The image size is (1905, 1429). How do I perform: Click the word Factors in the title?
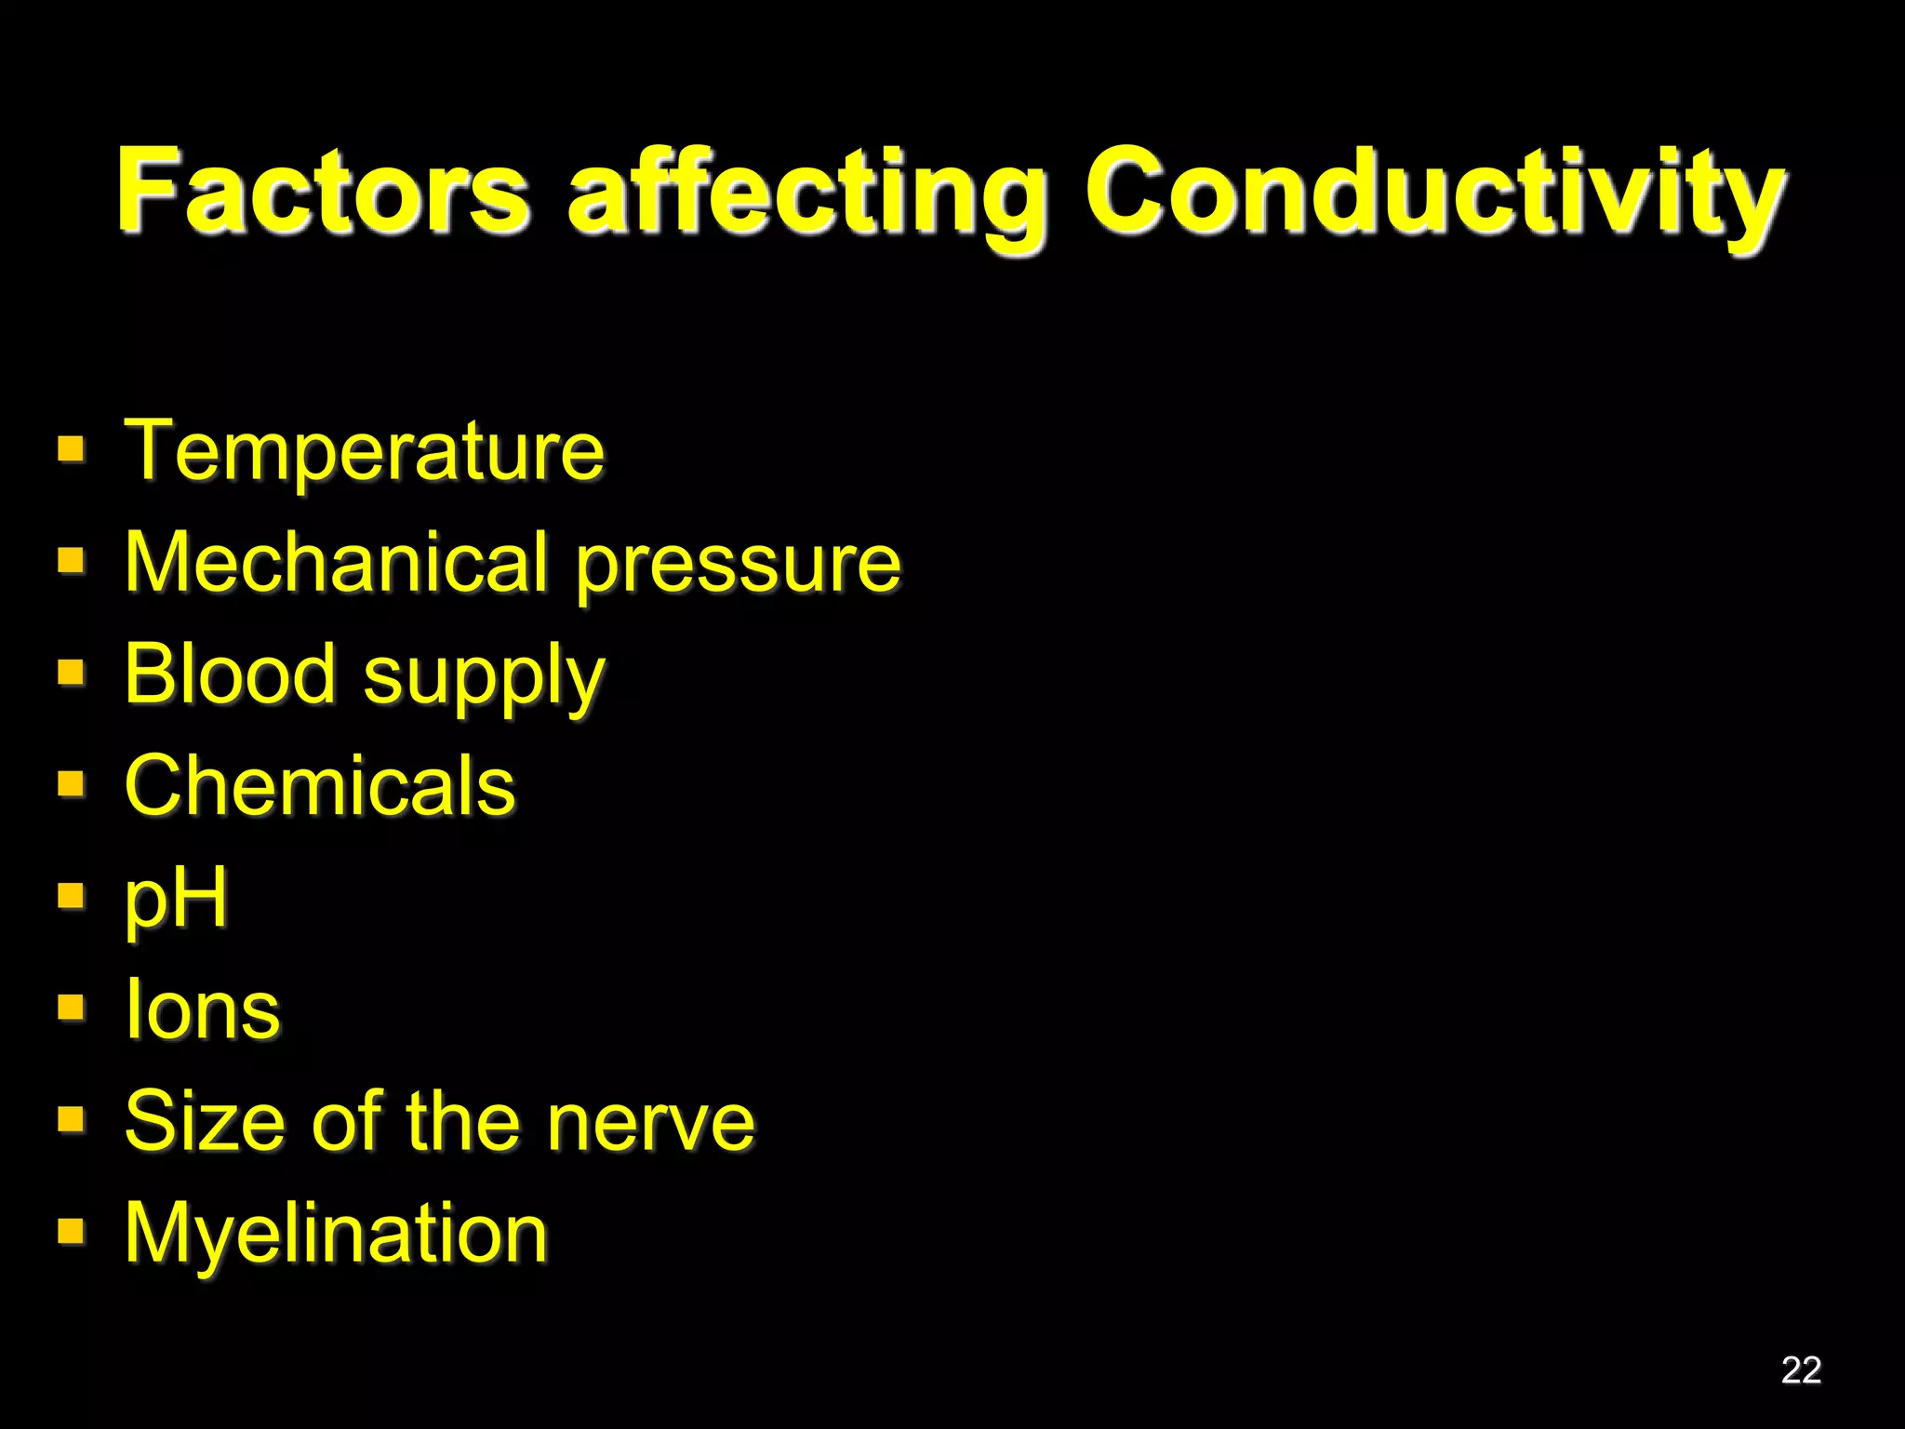[322, 191]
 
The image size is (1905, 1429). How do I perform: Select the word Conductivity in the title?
[1433, 195]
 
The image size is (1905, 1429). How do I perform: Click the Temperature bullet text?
[364, 451]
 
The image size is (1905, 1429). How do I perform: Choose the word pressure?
[739, 568]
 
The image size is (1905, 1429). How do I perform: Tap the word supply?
[484, 679]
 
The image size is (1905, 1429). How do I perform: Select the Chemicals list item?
[320, 786]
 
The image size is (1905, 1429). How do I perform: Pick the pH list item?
[176, 900]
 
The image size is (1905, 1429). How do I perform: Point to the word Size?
[203, 1121]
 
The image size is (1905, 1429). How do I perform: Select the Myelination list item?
[336, 1235]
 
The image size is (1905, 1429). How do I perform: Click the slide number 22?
[1801, 1369]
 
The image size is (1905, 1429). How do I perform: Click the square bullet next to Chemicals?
[72, 784]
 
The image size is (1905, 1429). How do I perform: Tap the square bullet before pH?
[72, 896]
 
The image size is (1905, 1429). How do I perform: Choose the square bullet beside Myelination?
[72, 1231]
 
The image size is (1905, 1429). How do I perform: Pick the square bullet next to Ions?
[72, 1008]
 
